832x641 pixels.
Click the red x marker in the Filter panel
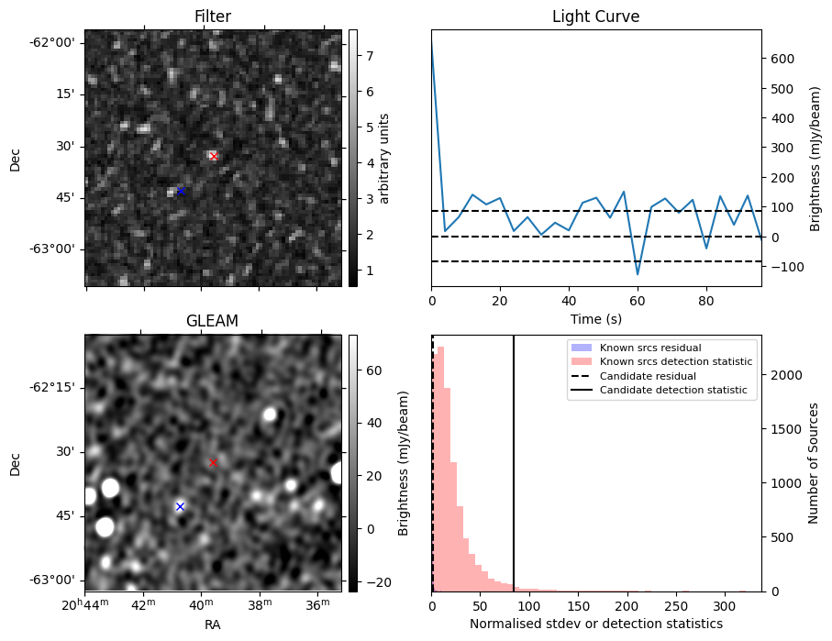pyautogui.click(x=214, y=156)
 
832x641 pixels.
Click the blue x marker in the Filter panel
pyautogui.click(x=181, y=191)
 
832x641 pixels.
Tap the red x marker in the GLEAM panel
pyautogui.click(x=213, y=462)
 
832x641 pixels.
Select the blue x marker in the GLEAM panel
pyautogui.click(x=180, y=506)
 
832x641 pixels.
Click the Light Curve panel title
pyautogui.click(x=595, y=17)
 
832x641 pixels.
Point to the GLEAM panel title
pyautogui.click(x=212, y=321)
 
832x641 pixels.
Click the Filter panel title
pyautogui.click(x=212, y=17)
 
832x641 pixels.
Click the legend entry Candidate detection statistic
pyautogui.click(x=674, y=391)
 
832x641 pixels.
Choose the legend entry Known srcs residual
pyautogui.click(x=650, y=348)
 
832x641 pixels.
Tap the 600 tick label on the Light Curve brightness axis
pyautogui.click(x=782, y=59)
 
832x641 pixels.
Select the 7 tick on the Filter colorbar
pyautogui.click(x=368, y=56)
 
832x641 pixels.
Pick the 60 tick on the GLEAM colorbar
pyautogui.click(x=371, y=372)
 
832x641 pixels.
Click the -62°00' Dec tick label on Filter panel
pyautogui.click(x=52, y=42)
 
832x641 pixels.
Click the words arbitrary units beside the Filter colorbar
pyautogui.click(x=384, y=158)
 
